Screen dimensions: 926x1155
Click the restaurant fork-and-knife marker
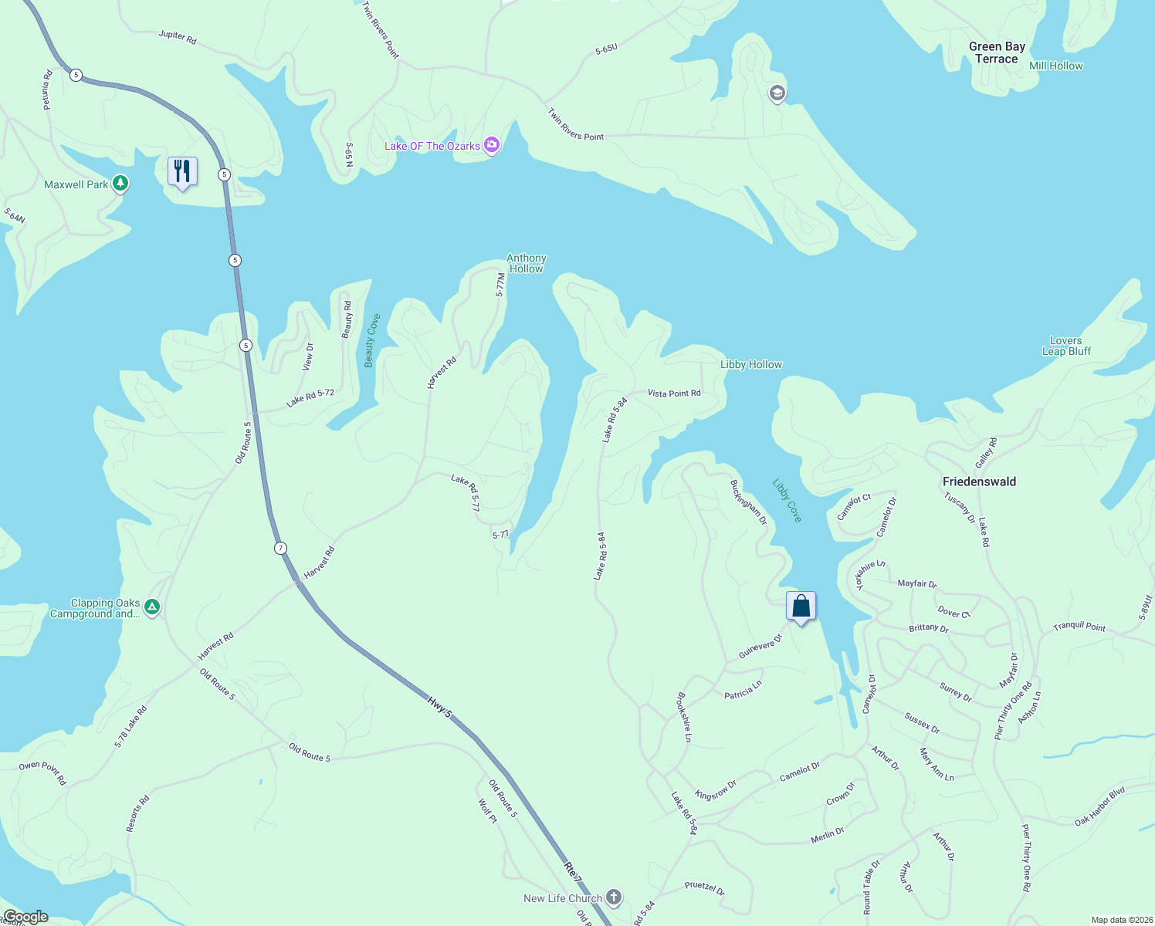(182, 171)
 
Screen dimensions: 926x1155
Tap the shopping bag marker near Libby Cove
(801, 606)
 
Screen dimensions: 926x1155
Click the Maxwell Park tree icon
(120, 184)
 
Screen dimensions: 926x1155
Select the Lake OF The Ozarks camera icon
(492, 145)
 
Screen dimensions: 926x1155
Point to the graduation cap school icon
(777, 94)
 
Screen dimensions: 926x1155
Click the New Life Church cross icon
(614, 897)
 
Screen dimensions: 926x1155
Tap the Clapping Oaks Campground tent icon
(153, 608)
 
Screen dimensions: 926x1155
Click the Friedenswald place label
(979, 482)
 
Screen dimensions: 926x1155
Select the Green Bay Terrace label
(997, 52)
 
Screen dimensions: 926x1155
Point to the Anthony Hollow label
(527, 263)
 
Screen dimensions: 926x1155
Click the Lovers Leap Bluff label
(1066, 346)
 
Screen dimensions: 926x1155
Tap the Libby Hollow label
(750, 364)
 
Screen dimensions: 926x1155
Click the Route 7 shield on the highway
(280, 548)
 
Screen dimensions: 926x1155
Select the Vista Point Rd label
(674, 394)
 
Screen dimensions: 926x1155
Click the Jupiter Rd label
(178, 36)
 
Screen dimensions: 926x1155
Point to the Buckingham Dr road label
(748, 502)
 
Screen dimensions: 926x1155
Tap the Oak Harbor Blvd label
(1099, 806)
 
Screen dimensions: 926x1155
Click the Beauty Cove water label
(372, 340)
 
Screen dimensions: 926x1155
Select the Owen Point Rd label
(42, 772)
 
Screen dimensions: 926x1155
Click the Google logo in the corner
(25, 917)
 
